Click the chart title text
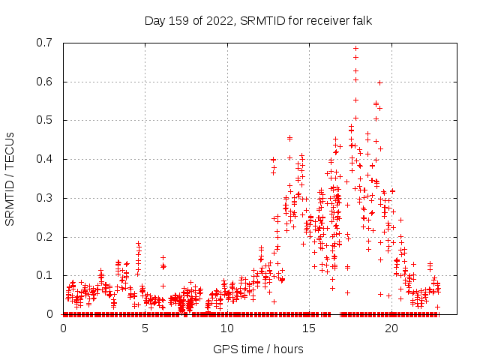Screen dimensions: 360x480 point(258,21)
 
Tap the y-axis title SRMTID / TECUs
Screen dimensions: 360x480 point(10,178)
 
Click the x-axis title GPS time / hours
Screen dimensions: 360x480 point(258,349)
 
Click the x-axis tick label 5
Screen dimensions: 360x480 point(145,328)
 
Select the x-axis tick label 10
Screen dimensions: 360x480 point(227,328)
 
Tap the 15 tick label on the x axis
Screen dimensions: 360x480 point(310,328)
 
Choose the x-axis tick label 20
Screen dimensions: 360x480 point(391,328)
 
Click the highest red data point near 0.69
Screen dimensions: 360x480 point(355,49)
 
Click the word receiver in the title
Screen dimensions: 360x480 point(324,21)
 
